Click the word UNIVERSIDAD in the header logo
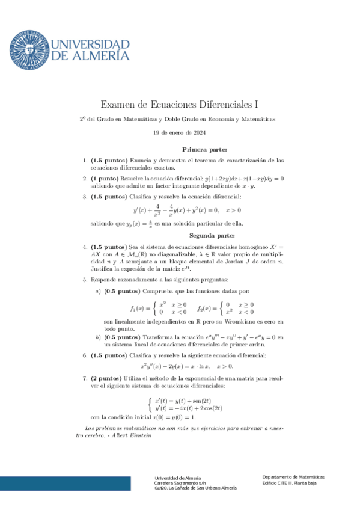91,45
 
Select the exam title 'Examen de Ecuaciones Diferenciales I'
179,105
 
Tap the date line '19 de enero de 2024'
179,132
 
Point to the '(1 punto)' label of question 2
105,179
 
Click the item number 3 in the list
84,197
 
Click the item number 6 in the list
84,355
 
